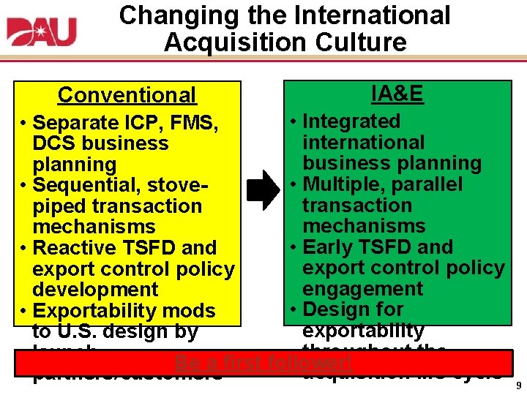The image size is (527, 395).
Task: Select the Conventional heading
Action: pyautogui.click(x=127, y=95)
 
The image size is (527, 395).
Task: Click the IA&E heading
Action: pyautogui.click(x=397, y=94)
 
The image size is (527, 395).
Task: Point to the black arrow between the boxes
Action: pyautogui.click(x=263, y=192)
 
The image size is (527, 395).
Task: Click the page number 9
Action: pyautogui.click(x=518, y=385)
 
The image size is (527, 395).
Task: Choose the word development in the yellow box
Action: pyautogui.click(x=95, y=290)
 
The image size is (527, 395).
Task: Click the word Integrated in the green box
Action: pyautogui.click(x=351, y=121)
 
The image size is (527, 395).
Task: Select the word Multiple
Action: pyautogui.click(x=343, y=184)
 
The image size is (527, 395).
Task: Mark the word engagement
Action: pyautogui.click(x=363, y=289)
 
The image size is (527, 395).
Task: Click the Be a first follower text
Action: pyautogui.click(x=263, y=363)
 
